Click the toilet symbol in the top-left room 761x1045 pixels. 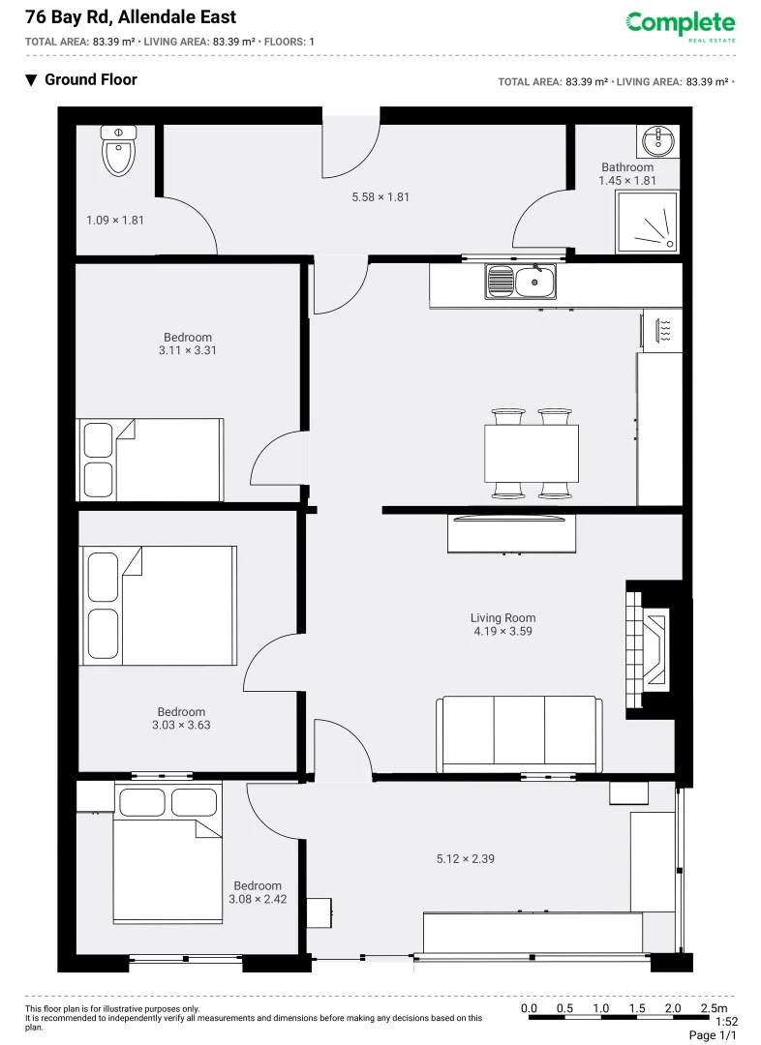coord(119,153)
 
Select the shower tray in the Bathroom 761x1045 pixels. coord(646,222)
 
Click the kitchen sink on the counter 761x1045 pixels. coord(522,282)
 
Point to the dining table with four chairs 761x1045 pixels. coord(532,453)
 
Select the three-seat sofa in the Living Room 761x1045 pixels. coord(519,732)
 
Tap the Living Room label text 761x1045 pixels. coord(502,618)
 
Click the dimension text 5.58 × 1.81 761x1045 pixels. coord(380,197)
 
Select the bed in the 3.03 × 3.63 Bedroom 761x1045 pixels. coord(160,606)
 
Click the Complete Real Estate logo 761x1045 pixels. coord(681,25)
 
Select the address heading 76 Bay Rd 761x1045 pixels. coord(131,17)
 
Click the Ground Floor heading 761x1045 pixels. coord(90,79)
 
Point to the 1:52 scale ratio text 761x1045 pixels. coord(726,1022)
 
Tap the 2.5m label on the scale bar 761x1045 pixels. coord(715,1009)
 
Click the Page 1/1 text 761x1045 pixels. coord(714,1036)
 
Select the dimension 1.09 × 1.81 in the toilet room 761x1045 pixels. coord(115,221)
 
